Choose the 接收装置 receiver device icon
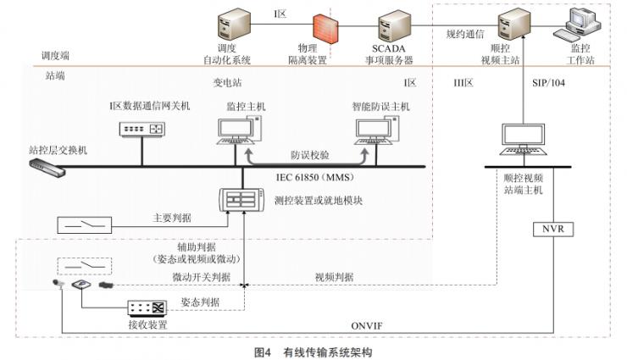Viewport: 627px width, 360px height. point(148,308)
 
